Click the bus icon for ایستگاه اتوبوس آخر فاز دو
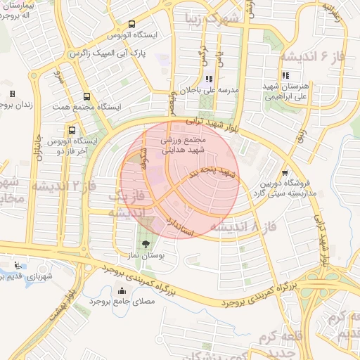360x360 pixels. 72,130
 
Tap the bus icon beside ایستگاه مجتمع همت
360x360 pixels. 86,97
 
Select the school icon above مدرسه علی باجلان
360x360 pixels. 208,79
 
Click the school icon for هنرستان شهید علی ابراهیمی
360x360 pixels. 285,75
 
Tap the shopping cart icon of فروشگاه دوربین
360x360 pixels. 284,172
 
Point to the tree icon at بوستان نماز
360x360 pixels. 146,245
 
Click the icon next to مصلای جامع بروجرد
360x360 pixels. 123,291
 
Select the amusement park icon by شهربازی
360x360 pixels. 17,266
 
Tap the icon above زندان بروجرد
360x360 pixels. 12,94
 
